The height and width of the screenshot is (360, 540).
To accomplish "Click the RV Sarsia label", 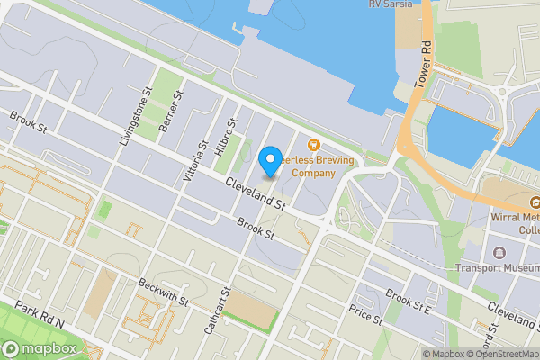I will click(391, 4).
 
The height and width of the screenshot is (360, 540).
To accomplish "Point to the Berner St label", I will click(171, 110).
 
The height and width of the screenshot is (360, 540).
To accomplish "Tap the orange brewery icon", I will click(313, 144).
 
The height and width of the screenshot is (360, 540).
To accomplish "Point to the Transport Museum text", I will click(498, 266).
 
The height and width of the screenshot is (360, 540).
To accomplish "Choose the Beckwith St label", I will click(163, 291).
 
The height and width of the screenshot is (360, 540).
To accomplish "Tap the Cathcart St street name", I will click(217, 311).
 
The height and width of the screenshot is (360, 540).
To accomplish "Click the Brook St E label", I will click(409, 300).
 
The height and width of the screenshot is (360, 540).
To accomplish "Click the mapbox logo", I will click(40, 348).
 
